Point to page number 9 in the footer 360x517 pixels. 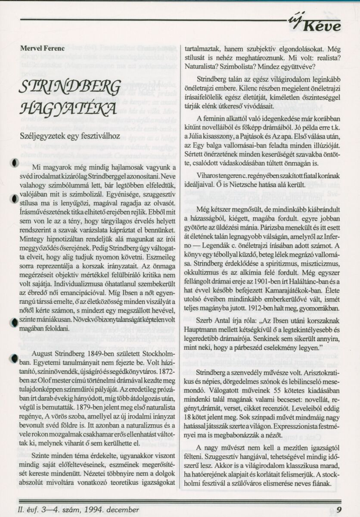(x=340, y=510)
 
